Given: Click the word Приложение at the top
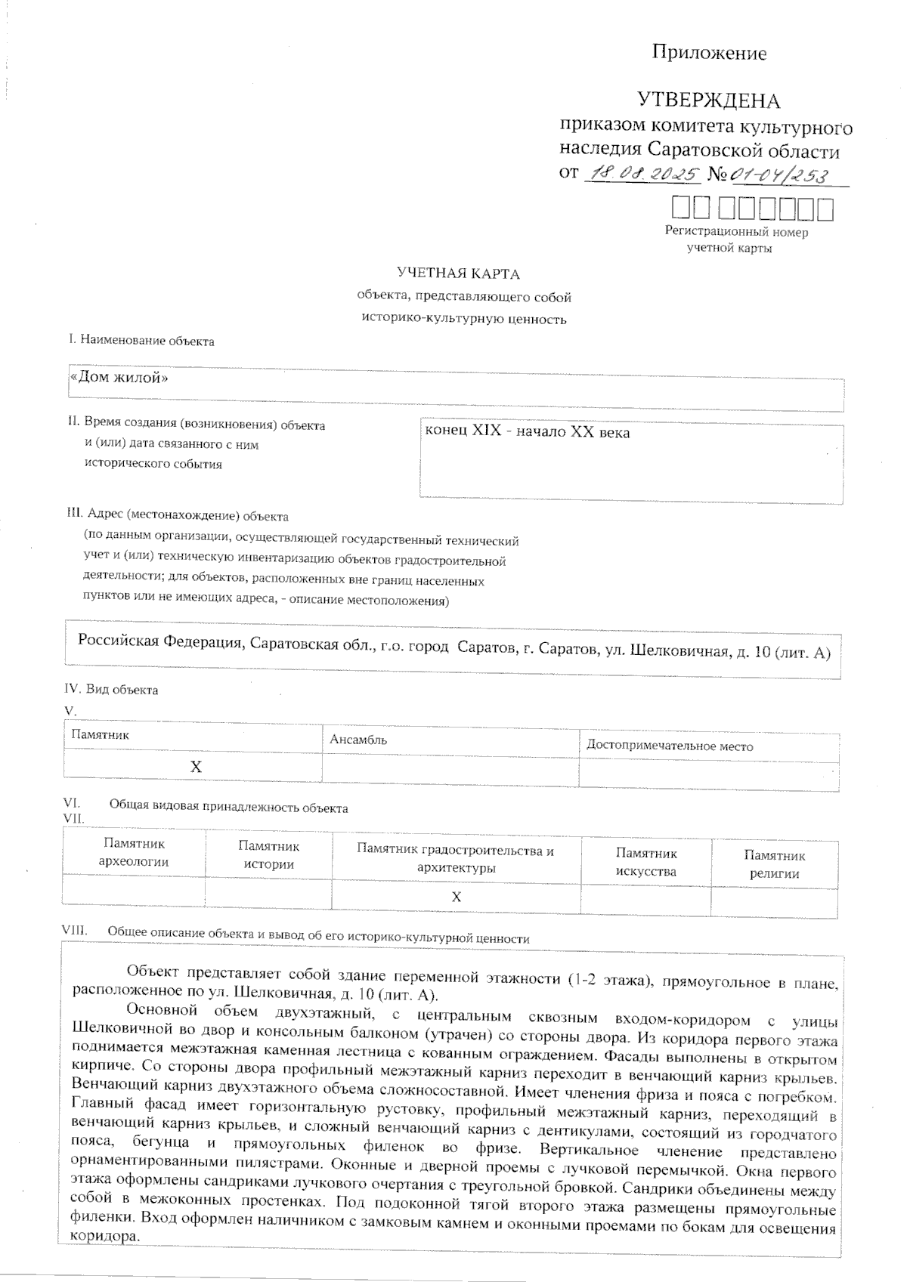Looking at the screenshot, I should pyautogui.click(x=709, y=53).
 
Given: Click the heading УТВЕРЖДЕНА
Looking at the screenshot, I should pyautogui.click(x=708, y=100).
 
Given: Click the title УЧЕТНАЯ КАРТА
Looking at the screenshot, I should pyautogui.click(x=458, y=273).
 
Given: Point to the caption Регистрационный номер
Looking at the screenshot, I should pyautogui.click(x=736, y=232).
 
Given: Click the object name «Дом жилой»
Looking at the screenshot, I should pyautogui.click(x=119, y=378).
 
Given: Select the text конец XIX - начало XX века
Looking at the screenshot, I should pyautogui.click(x=527, y=432).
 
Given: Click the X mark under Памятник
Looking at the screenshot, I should pyautogui.click(x=196, y=767).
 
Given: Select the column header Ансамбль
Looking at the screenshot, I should pyautogui.click(x=358, y=740).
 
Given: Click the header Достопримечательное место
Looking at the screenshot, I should pyautogui.click(x=670, y=746).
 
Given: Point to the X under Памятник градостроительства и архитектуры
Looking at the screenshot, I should pyautogui.click(x=457, y=897).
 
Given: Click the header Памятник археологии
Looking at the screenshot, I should pyautogui.click(x=134, y=853).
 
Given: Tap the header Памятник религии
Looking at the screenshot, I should pyautogui.click(x=774, y=864).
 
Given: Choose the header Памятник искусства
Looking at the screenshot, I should pyautogui.click(x=645, y=862).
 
